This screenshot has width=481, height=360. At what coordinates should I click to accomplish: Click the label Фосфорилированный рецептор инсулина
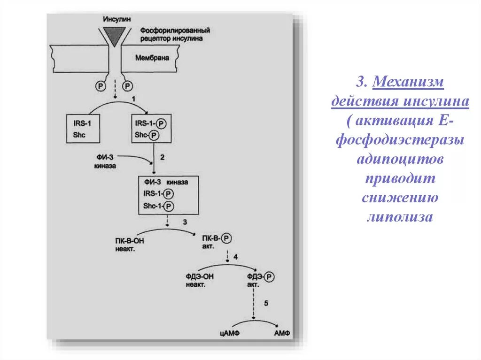coord(174,34)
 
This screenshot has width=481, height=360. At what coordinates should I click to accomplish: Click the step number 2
coord(162,158)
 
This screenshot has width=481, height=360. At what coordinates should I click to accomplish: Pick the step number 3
coord(185,222)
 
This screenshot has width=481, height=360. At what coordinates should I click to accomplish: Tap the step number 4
coord(236,257)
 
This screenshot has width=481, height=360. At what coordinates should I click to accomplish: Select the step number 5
coord(266,304)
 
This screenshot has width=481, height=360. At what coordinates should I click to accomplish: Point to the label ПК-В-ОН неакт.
coord(129,245)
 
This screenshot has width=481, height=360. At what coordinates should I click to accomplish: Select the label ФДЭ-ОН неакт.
coord(200,280)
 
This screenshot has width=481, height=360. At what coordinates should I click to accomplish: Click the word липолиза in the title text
coord(399,217)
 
